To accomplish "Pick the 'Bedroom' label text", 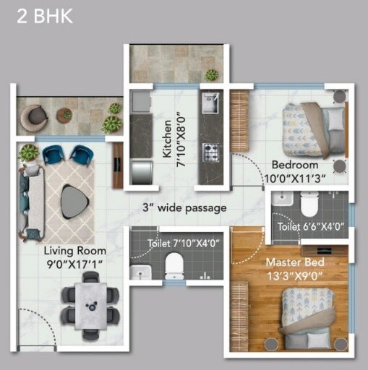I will [x=294, y=165].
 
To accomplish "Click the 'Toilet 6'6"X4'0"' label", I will [x=307, y=227].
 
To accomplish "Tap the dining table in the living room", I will [x=90, y=304].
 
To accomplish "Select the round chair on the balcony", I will [x=33, y=116].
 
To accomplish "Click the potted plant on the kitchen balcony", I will [x=212, y=74].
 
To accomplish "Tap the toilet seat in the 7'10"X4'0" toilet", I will [x=174, y=267].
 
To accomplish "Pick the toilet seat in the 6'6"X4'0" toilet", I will [x=309, y=206].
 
